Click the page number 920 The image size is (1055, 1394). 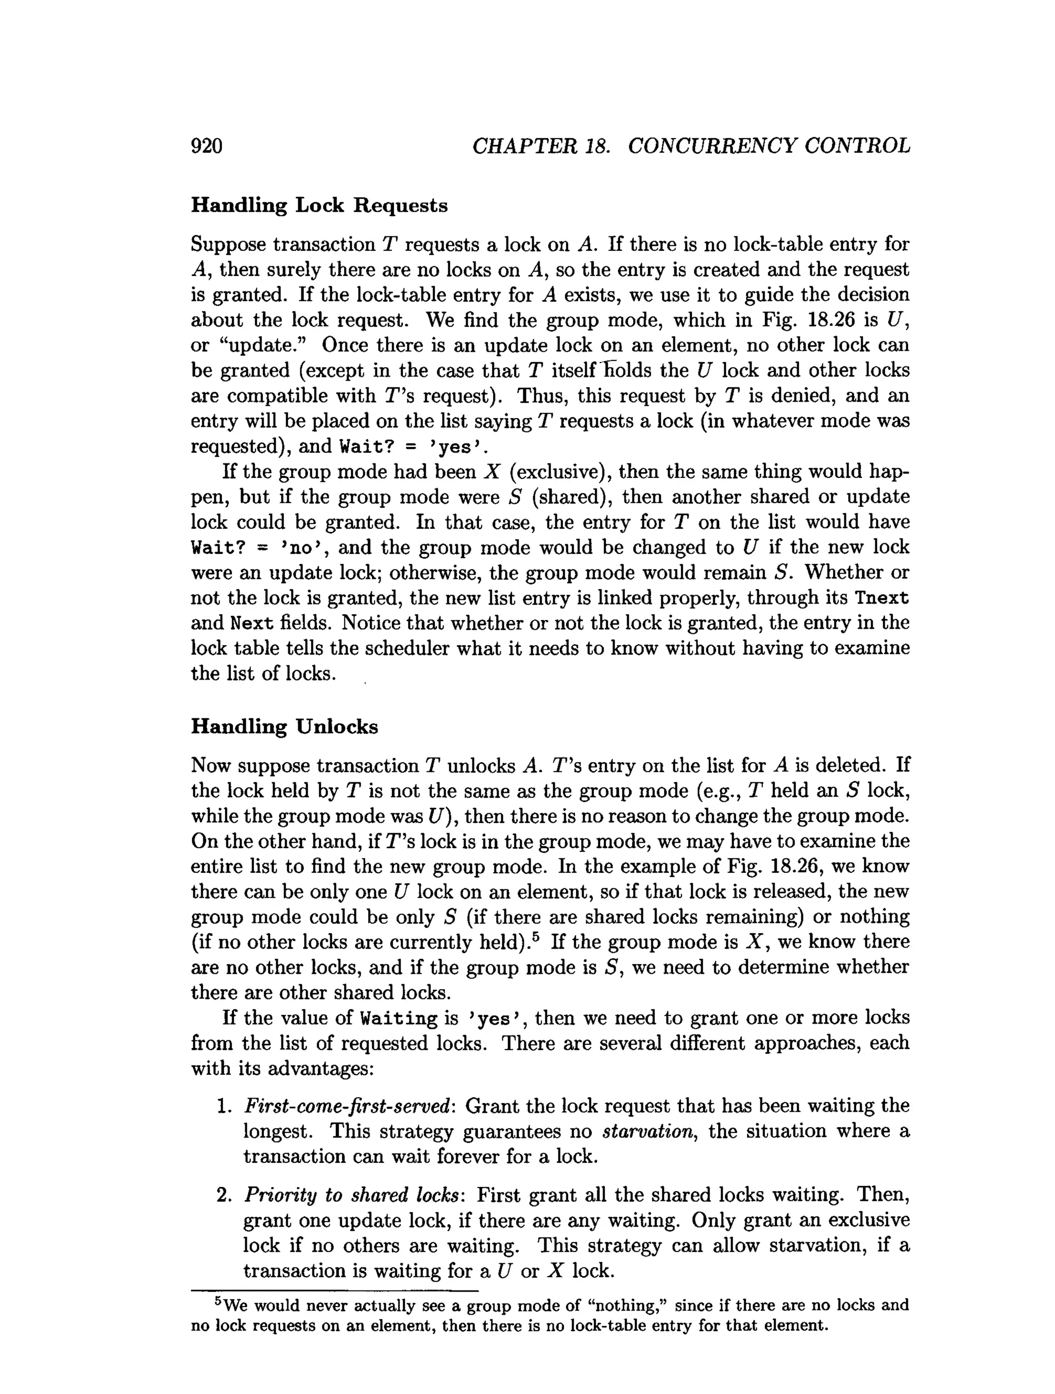tap(207, 146)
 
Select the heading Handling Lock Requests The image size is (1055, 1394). tap(319, 205)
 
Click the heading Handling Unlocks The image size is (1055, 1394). tap(284, 727)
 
